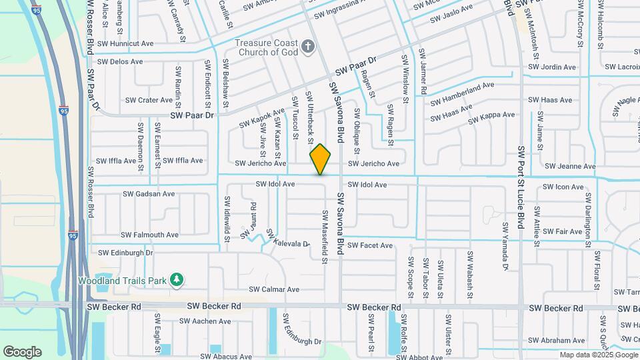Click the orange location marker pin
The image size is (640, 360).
[321, 159]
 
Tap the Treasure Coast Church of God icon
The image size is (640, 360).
[307, 47]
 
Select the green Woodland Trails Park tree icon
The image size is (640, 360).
[176, 279]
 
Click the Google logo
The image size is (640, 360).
[22, 352]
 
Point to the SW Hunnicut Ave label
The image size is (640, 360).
[125, 44]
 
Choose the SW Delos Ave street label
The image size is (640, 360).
[120, 62]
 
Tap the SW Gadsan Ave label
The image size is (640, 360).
[149, 194]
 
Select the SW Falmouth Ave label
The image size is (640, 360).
[149, 235]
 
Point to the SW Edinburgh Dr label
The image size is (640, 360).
[125, 253]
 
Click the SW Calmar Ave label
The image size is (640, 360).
[274, 289]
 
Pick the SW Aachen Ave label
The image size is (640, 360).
[206, 321]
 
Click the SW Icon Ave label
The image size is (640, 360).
[563, 187]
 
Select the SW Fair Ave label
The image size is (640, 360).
[563, 231]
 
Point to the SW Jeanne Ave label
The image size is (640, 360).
[570, 166]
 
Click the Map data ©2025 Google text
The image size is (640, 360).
[599, 355]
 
